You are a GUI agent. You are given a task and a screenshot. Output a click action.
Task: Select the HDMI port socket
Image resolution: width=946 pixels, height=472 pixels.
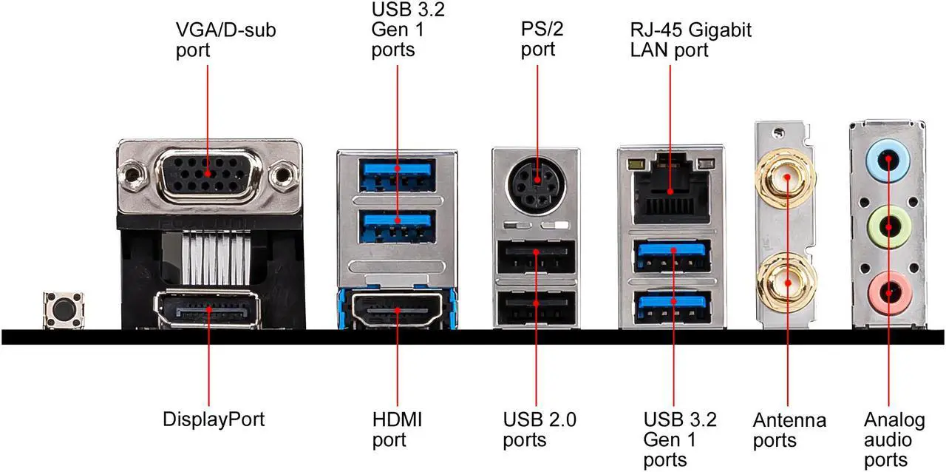[x=398, y=309]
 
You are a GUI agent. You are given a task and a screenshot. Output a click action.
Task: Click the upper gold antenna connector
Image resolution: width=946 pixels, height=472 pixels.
[x=785, y=178]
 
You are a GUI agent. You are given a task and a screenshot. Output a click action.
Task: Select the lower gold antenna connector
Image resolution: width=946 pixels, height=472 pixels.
[x=785, y=283]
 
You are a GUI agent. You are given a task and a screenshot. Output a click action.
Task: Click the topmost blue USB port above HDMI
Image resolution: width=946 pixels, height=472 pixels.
[x=398, y=172]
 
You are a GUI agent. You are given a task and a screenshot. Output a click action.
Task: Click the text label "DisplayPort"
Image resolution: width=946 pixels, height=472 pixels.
[x=214, y=419]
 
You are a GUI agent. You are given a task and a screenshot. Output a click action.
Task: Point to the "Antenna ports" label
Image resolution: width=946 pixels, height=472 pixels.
[x=789, y=431]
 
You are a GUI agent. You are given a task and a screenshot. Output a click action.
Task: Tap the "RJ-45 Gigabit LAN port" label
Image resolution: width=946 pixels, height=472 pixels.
[x=690, y=40]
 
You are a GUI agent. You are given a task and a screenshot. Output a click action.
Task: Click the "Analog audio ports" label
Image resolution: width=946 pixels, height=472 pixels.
[x=894, y=440]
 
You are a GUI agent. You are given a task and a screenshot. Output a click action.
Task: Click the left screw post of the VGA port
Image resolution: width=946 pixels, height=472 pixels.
[x=132, y=176]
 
